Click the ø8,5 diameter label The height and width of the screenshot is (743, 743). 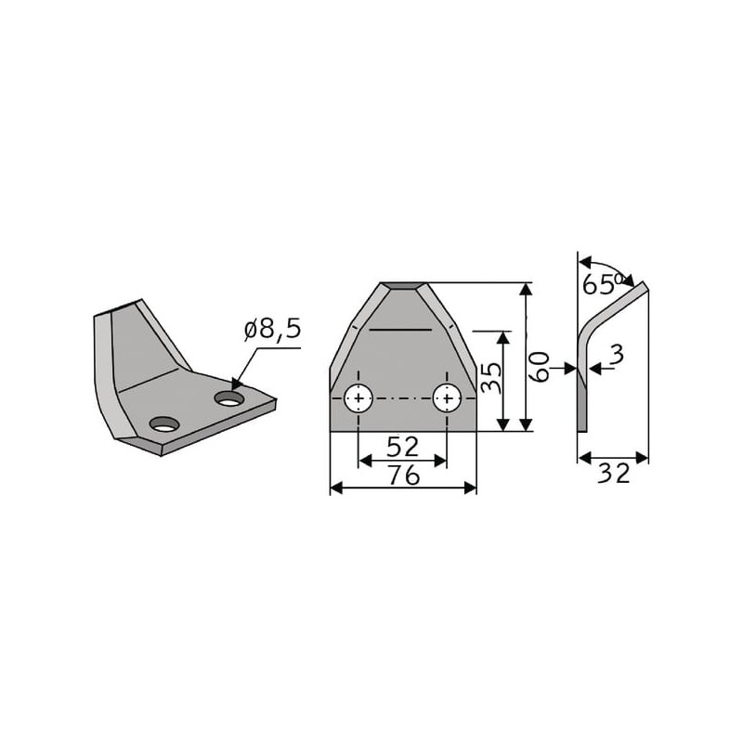click(272, 330)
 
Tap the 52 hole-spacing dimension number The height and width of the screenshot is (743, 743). click(403, 447)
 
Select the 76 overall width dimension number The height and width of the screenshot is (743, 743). click(404, 476)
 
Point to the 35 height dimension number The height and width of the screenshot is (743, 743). click(491, 378)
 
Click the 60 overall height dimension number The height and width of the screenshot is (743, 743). click(540, 367)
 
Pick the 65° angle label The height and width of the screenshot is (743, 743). click(602, 284)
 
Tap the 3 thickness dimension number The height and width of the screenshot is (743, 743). click(617, 355)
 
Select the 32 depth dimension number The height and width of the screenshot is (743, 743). click(614, 474)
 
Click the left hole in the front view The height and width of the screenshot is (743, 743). click(358, 398)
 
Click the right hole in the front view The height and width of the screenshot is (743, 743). click(447, 398)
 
